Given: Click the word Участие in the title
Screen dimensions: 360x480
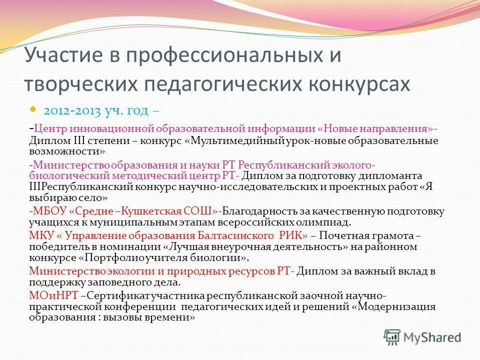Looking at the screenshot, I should tap(64, 55).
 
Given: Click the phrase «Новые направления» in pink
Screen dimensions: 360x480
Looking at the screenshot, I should tap(376, 128).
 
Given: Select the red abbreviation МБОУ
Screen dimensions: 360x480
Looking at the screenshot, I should tap(47, 210).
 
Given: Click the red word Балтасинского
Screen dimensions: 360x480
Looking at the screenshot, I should tap(227, 235).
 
